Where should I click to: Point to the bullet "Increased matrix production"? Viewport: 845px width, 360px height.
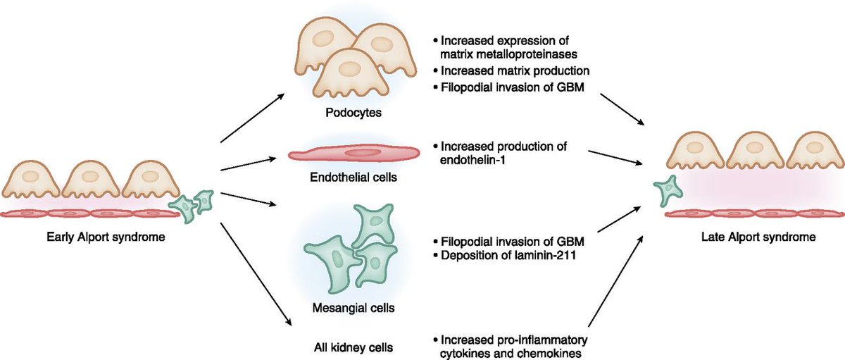click(x=514, y=71)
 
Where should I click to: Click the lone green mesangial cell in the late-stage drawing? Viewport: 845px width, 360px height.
click(x=666, y=192)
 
